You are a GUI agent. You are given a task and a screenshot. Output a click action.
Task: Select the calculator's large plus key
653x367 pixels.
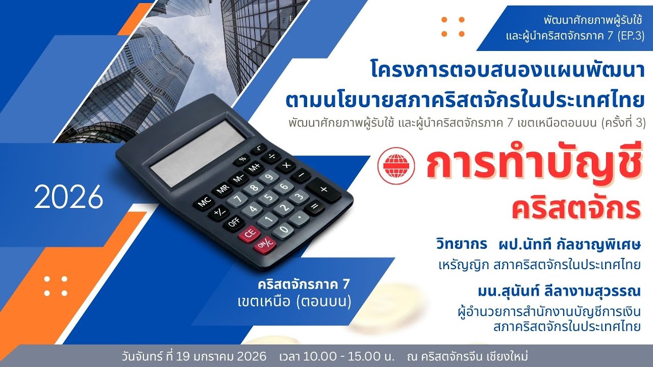[323, 190]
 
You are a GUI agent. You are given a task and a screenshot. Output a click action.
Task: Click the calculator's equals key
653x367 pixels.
[315, 207]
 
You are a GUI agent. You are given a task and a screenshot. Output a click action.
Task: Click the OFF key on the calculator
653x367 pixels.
[234, 222]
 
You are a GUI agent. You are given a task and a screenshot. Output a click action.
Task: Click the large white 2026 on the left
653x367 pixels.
[69, 198]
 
